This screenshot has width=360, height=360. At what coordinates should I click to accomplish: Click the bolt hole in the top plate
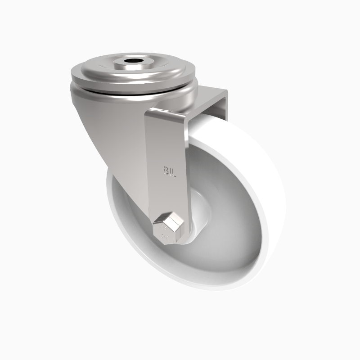(134, 60)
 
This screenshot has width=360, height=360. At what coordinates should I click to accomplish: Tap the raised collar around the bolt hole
(145, 63)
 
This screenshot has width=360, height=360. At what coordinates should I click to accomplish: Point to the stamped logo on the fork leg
(169, 171)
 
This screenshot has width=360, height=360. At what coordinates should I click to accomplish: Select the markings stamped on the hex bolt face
(164, 234)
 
